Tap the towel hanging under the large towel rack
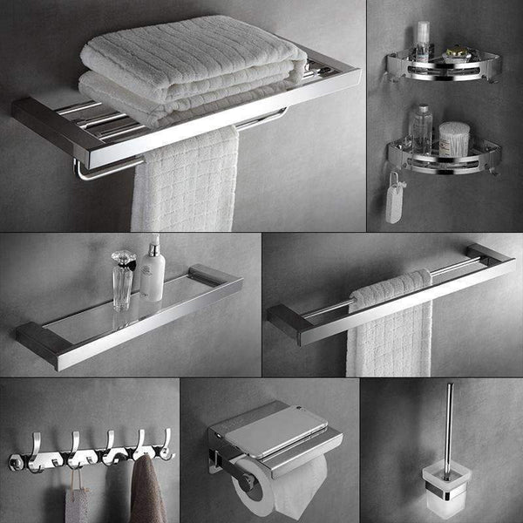point(185,187)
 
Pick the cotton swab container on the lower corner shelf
point(454,139)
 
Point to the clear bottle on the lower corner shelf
point(422,129)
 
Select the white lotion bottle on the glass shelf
point(153,272)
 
